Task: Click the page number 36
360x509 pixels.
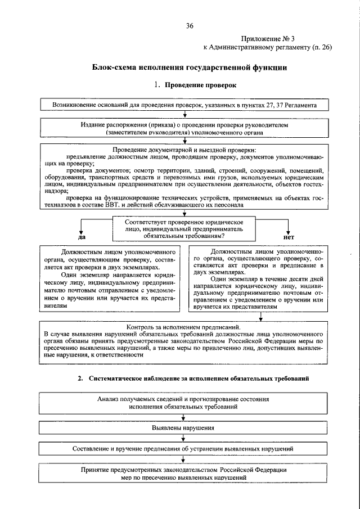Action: (190, 26)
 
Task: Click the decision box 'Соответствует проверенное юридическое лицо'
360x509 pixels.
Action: (184, 229)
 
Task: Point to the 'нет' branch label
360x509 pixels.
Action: (289, 237)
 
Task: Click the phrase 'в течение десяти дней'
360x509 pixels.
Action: (291, 278)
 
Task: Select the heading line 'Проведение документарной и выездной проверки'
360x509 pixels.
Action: (184, 150)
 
